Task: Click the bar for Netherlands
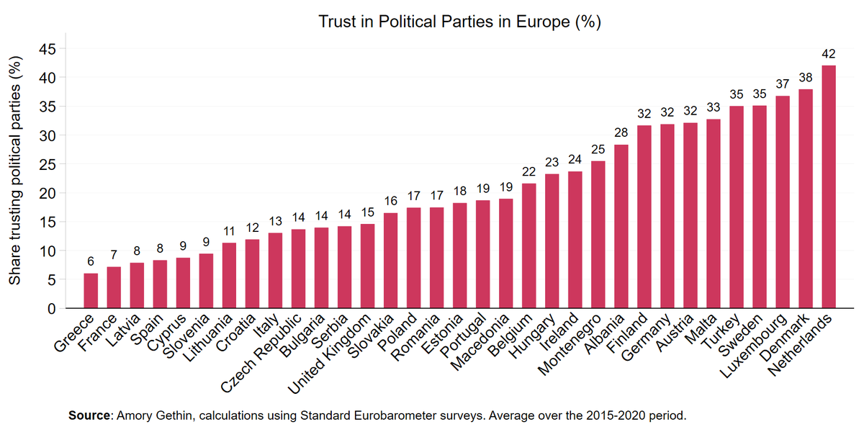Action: (x=829, y=187)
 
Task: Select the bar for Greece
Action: (x=91, y=291)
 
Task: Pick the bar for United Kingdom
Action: (x=367, y=266)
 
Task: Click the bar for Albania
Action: (x=621, y=227)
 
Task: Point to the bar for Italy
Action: (x=275, y=271)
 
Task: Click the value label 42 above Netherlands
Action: (x=829, y=54)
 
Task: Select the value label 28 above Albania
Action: (x=621, y=133)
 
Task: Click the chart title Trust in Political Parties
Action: (x=459, y=22)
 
